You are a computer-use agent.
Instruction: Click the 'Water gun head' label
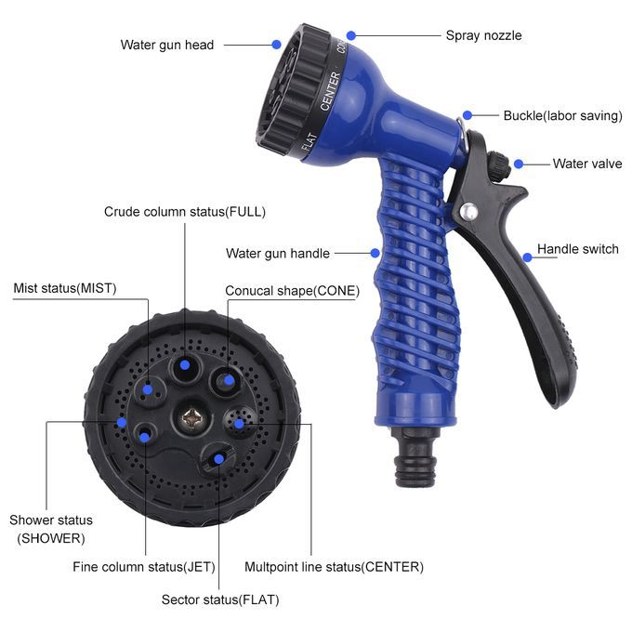coord(167,45)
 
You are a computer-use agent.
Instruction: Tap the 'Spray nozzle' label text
coord(483,35)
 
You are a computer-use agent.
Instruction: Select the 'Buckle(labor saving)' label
coord(562,115)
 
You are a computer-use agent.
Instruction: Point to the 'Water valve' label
coord(587,164)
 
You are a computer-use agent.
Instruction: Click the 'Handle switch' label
coord(577,249)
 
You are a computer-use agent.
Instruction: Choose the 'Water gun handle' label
coord(278,253)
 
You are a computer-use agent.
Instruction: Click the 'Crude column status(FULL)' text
coord(185,212)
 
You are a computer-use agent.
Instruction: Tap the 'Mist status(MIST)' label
coord(65,288)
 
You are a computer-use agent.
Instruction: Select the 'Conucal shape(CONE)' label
coord(292,291)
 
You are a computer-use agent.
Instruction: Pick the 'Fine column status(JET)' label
coord(144,567)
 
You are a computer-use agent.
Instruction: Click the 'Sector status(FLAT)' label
coord(220,599)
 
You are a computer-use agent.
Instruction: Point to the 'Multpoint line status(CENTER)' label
coord(335,567)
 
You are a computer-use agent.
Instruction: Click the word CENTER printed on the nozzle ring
coord(330,91)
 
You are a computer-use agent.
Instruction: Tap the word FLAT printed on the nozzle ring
coord(309,142)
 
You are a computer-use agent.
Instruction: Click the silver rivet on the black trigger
coord(468,211)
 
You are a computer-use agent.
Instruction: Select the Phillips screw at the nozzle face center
coord(191,419)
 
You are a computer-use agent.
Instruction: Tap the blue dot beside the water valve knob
coord(519,164)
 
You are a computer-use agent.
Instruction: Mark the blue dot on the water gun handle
coord(375,253)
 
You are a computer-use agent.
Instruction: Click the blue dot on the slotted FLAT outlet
coord(218,459)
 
